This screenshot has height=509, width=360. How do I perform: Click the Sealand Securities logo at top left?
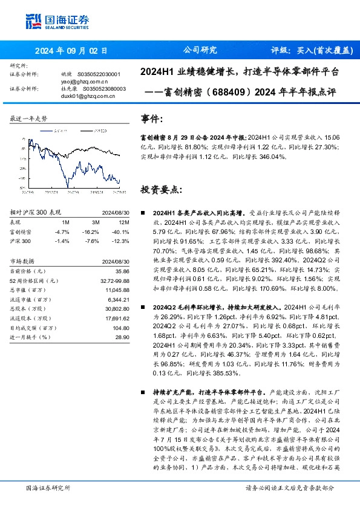[50, 22]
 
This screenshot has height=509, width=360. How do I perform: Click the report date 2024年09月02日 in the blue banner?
[71, 51]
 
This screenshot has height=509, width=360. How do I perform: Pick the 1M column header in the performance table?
[65, 222]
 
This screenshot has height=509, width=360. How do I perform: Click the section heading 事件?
[151, 118]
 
